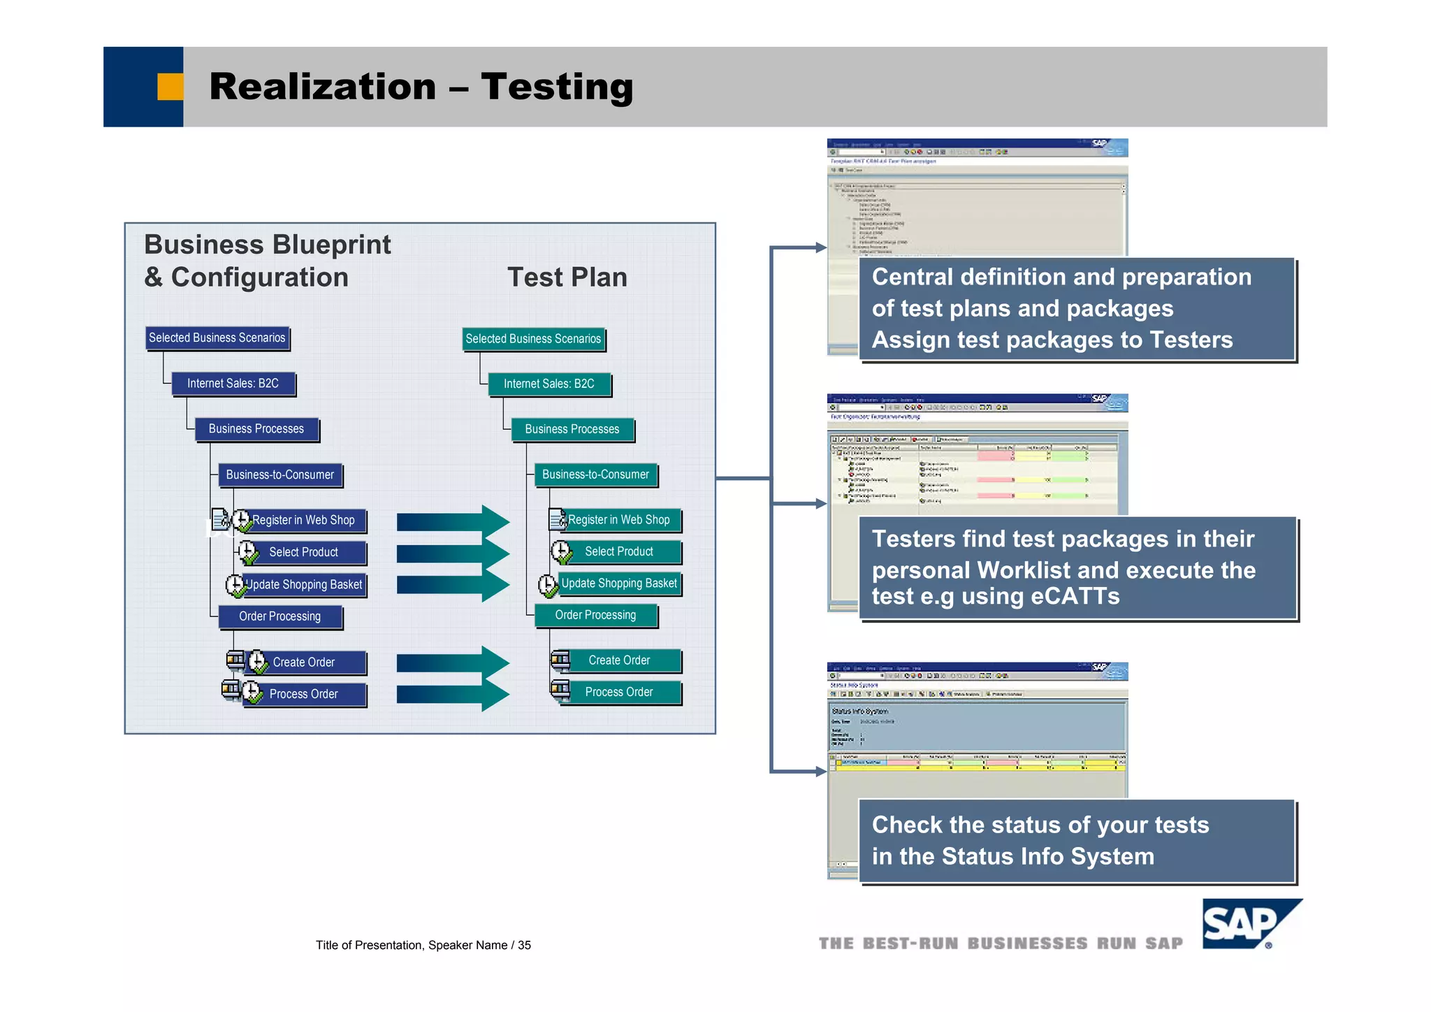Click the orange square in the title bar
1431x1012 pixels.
pyautogui.click(x=170, y=87)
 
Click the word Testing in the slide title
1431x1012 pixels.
pyautogui.click(x=556, y=87)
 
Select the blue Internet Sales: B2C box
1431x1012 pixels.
pyautogui.click(x=233, y=383)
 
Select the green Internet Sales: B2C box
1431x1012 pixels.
pyautogui.click(x=549, y=384)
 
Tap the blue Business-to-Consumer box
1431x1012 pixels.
pyautogui.click(x=279, y=475)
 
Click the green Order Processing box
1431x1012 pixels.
pyautogui.click(x=595, y=615)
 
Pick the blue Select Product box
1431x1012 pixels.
pyautogui.click(x=303, y=552)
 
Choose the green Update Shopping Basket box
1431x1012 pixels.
pyautogui.click(x=619, y=584)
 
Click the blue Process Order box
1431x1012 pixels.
pyautogui.click(x=303, y=694)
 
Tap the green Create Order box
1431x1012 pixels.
pyautogui.click(x=619, y=660)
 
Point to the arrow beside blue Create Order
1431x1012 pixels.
pyautogui.click(x=453, y=663)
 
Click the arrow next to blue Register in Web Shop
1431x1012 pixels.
pyautogui.click(x=453, y=522)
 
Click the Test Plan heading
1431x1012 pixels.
pyautogui.click(x=567, y=277)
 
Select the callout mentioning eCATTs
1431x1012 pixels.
pyautogui.click(x=1077, y=568)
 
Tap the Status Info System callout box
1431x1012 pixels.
pyautogui.click(x=1077, y=841)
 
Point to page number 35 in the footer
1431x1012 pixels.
pyautogui.click(x=524, y=946)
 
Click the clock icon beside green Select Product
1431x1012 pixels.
pyautogui.click(x=561, y=552)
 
